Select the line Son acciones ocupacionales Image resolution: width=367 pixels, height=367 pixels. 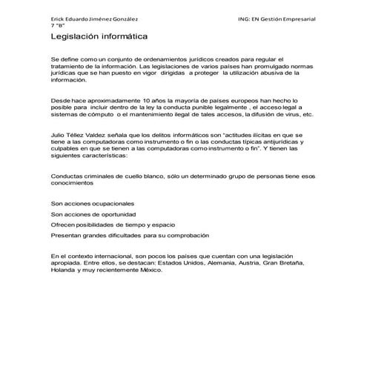pyautogui.click(x=93, y=203)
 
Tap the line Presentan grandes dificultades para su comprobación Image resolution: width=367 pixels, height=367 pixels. pyautogui.click(x=130, y=234)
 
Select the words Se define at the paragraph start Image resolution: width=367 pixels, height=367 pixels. pyautogui.click(x=65, y=58)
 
